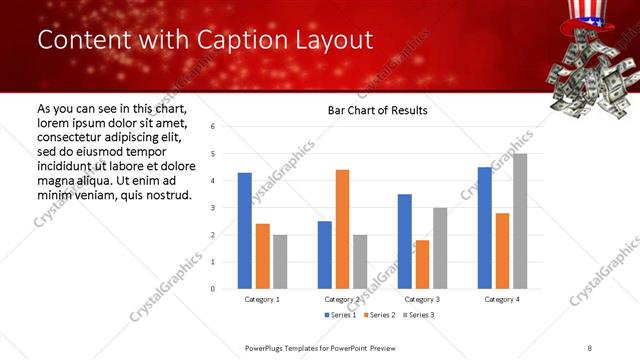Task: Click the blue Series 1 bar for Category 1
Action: (245, 231)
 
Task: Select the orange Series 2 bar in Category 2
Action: (342, 229)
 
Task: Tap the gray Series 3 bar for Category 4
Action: (520, 221)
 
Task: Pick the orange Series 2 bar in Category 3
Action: (422, 264)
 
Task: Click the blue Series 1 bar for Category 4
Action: (485, 228)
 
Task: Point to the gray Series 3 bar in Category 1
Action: (279, 262)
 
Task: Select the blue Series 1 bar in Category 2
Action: (325, 255)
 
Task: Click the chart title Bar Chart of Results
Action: (378, 110)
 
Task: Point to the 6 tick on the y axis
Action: (213, 127)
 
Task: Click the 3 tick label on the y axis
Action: (213, 208)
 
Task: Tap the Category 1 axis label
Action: (262, 299)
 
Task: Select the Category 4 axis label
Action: (502, 299)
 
